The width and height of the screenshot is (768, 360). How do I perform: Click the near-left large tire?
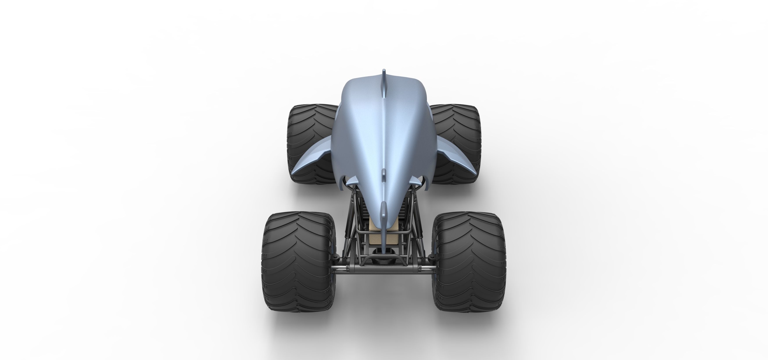[x=300, y=262]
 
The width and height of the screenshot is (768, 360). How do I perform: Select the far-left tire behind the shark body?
[x=310, y=134]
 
